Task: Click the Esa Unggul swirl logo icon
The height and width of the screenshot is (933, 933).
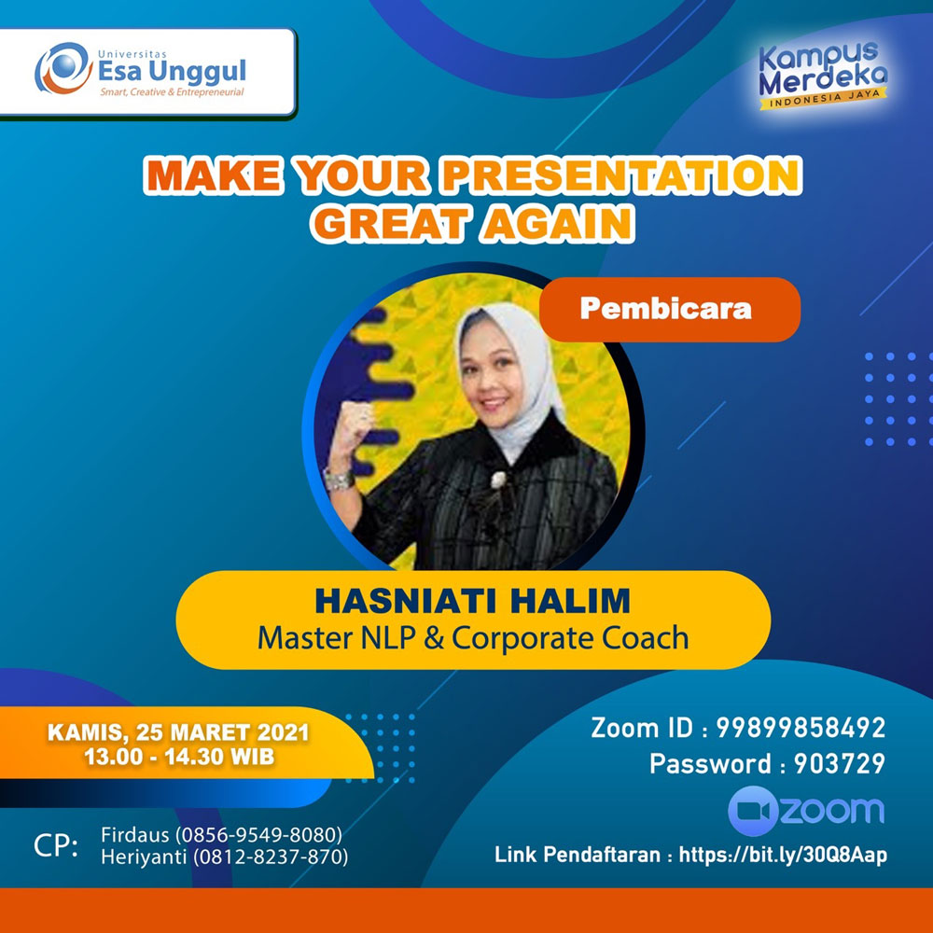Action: (x=63, y=68)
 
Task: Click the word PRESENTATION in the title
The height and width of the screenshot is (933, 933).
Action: (x=621, y=175)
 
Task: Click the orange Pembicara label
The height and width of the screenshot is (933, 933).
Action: (x=670, y=310)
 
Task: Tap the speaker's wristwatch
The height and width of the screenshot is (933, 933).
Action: (x=340, y=480)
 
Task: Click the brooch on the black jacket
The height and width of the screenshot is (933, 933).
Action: (x=497, y=479)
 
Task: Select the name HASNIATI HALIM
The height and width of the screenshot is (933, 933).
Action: (x=472, y=600)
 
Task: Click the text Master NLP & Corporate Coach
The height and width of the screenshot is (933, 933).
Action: (x=473, y=638)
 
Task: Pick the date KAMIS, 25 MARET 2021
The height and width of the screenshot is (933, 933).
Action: (x=178, y=732)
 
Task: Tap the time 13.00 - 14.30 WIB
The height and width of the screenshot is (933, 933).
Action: (x=179, y=757)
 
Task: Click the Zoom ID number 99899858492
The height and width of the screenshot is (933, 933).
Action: (x=801, y=728)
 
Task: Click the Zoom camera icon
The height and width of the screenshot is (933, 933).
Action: (x=753, y=811)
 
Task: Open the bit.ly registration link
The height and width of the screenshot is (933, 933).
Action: (x=783, y=855)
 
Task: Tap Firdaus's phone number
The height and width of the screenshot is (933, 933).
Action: (x=258, y=835)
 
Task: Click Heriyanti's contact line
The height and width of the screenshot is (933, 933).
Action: (x=225, y=856)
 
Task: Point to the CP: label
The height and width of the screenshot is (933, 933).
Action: (x=56, y=845)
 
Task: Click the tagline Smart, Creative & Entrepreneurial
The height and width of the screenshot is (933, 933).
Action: (x=172, y=92)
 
